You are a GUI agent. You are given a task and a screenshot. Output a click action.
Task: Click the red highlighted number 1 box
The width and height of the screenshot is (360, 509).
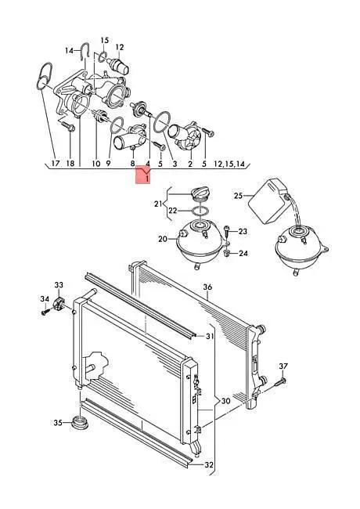143,175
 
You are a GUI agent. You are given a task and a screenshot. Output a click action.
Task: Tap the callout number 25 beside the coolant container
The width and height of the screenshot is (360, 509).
239,196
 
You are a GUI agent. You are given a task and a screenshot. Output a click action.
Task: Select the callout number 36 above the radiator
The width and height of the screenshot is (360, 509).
207,287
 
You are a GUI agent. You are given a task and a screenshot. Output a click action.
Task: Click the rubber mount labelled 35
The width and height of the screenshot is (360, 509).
80,424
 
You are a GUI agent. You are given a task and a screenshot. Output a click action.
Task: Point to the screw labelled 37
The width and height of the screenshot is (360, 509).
281,382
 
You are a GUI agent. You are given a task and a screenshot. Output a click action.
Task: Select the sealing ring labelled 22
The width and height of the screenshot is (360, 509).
199,211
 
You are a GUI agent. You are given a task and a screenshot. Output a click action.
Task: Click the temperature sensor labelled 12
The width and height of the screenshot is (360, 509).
121,65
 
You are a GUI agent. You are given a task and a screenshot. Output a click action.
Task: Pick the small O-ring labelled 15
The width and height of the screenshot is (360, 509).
102,56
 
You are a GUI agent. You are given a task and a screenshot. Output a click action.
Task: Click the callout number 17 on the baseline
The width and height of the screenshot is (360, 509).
56,164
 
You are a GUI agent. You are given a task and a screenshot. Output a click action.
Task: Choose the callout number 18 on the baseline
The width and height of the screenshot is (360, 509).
70,164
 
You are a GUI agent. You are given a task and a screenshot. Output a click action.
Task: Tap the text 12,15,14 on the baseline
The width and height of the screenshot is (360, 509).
229,164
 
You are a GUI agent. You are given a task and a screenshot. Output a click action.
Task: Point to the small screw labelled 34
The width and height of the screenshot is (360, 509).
44,312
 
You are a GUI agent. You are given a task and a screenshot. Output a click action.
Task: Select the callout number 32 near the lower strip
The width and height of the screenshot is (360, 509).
209,465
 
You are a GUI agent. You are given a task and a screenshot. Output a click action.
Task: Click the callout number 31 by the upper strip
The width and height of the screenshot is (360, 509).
210,336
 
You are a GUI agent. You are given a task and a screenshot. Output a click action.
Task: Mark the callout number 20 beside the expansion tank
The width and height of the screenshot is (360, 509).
163,240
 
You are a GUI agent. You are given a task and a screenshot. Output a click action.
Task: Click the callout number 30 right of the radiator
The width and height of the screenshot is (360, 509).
225,401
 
